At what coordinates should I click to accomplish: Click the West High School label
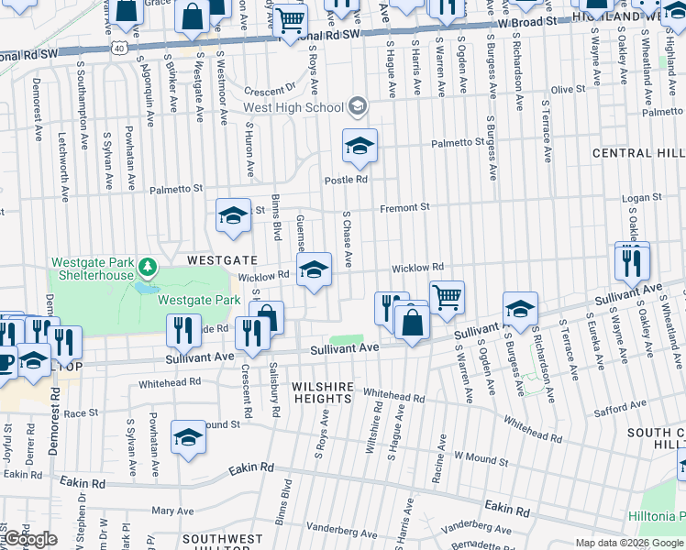(293, 108)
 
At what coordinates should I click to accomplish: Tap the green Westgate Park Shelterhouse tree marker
(148, 267)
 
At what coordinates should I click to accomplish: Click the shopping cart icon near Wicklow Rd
(447, 296)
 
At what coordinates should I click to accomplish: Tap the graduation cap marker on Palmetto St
(360, 145)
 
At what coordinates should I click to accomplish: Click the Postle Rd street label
(346, 180)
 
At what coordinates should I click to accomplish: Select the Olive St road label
(567, 89)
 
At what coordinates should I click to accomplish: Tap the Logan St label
(641, 198)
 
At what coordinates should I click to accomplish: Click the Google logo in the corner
(29, 539)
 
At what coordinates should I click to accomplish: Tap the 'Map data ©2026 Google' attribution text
(629, 543)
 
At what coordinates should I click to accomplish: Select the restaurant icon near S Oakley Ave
(632, 260)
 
